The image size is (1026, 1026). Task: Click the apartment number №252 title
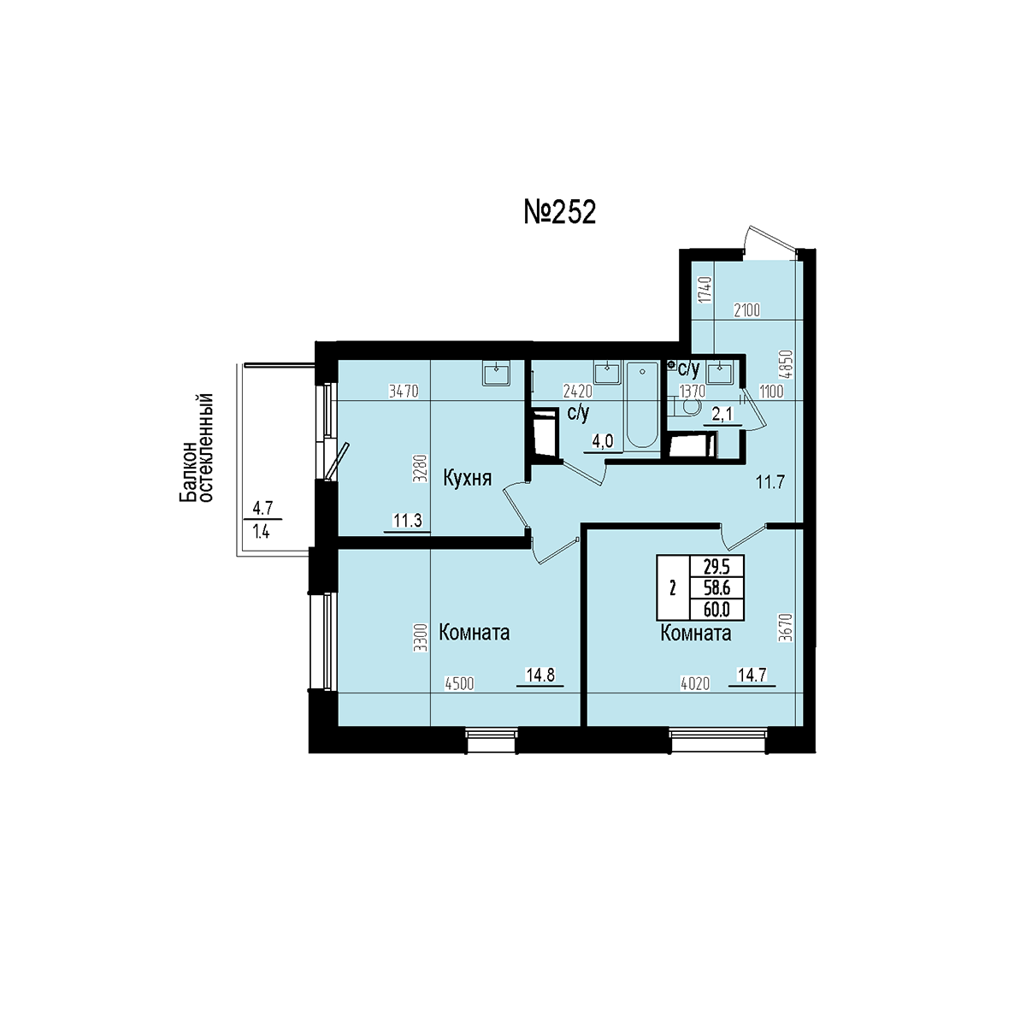pyautogui.click(x=559, y=212)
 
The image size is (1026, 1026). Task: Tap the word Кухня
pyautogui.click(x=468, y=479)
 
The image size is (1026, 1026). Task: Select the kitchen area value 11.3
pyautogui.click(x=407, y=520)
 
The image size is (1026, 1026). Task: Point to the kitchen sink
pyautogui.click(x=497, y=372)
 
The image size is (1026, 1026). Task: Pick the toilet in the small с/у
pyautogui.click(x=685, y=408)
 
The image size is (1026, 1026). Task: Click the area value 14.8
pyautogui.click(x=540, y=675)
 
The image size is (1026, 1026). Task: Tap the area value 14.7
pyautogui.click(x=752, y=675)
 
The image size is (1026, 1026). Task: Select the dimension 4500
pyautogui.click(x=459, y=684)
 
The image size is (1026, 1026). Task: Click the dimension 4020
pyautogui.click(x=695, y=684)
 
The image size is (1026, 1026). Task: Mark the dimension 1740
pyautogui.click(x=705, y=290)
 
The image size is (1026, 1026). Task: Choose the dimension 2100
pyautogui.click(x=746, y=310)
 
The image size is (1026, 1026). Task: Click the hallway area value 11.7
pyautogui.click(x=770, y=482)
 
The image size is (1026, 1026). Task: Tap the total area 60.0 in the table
pyautogui.click(x=716, y=610)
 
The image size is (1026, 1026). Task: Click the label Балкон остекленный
pyautogui.click(x=196, y=447)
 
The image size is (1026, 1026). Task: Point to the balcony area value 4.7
pyautogui.click(x=262, y=509)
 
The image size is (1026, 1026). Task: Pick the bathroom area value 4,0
pyautogui.click(x=604, y=441)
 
